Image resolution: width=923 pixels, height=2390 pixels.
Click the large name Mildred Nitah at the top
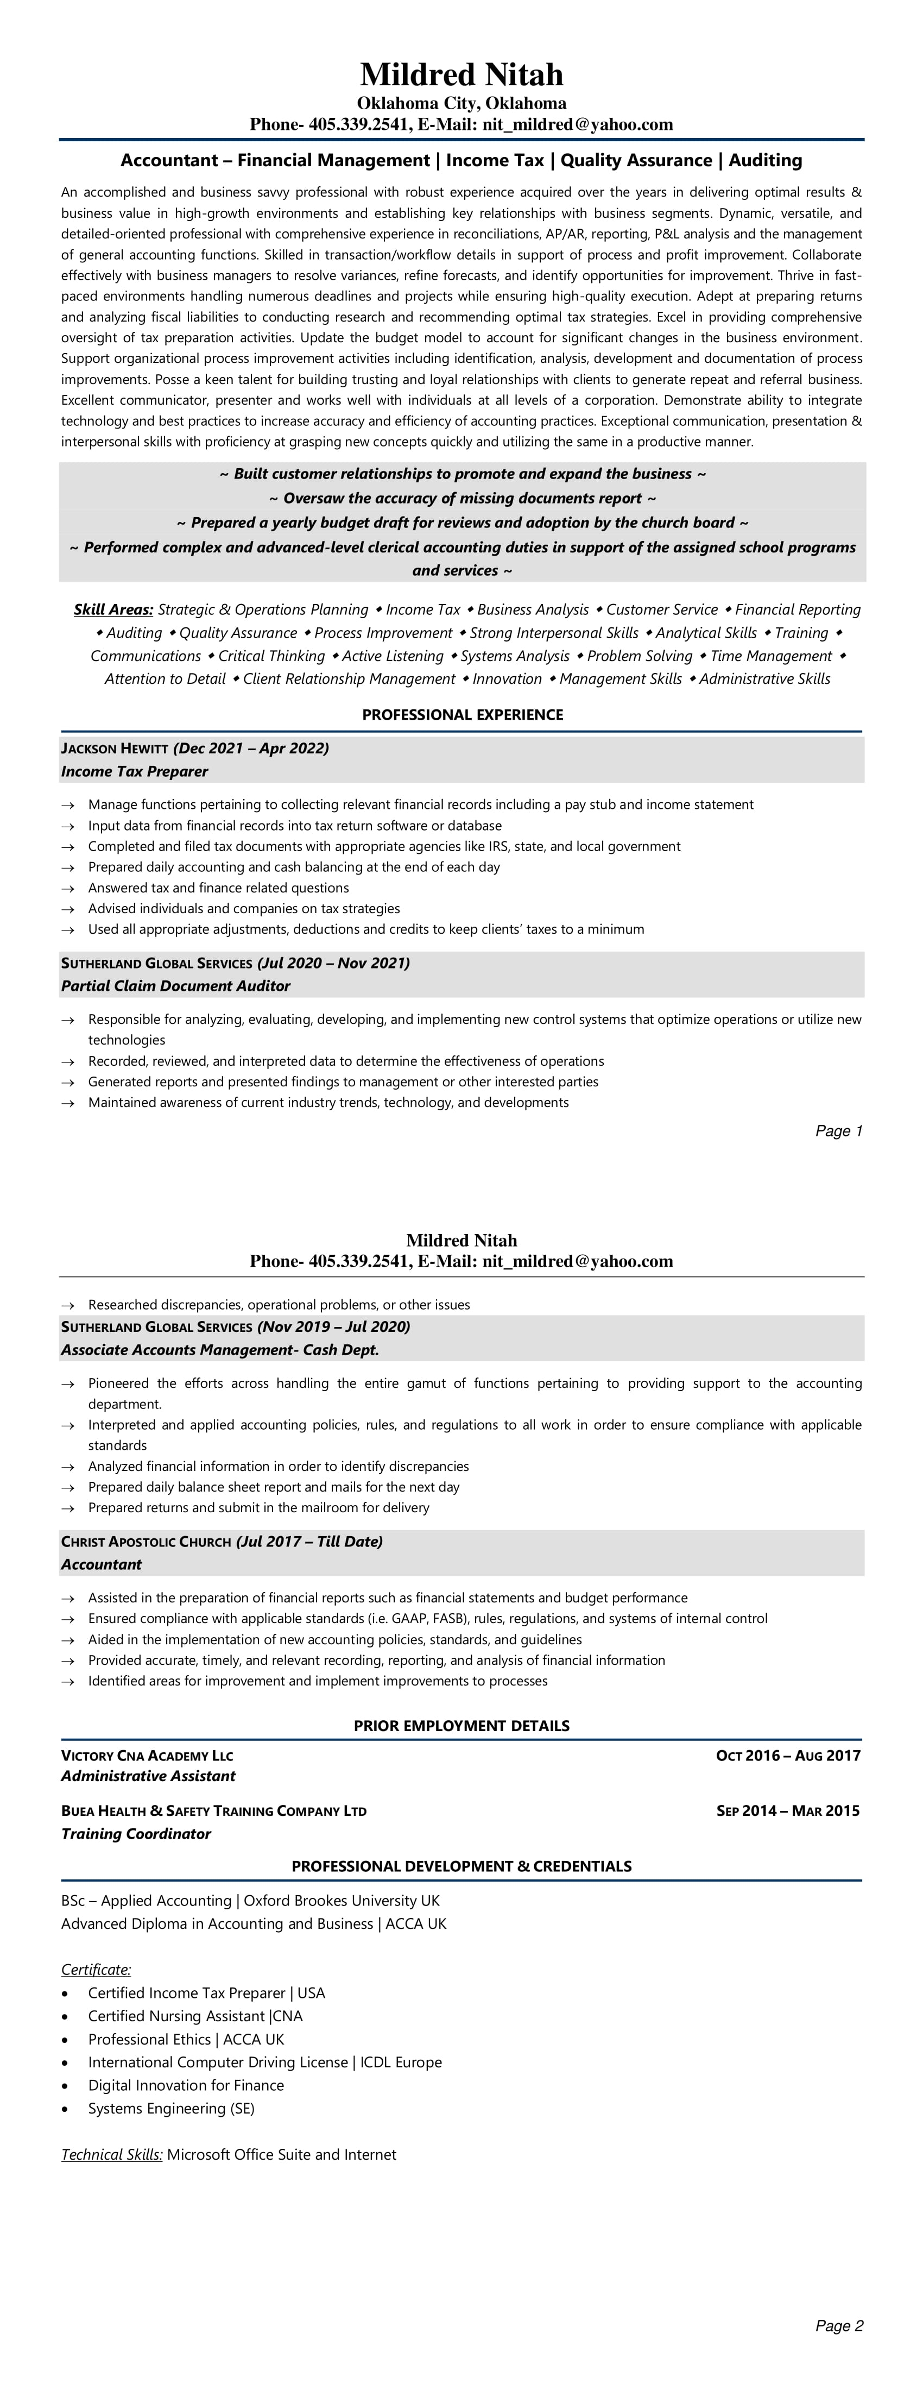[x=461, y=74]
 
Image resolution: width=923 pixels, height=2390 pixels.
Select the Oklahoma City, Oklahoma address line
[x=461, y=103]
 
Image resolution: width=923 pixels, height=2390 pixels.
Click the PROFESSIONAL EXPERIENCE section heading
[x=462, y=714]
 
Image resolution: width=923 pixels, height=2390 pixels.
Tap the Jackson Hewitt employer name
[x=114, y=749]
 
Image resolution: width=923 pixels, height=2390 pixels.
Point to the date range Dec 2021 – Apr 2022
[x=250, y=748]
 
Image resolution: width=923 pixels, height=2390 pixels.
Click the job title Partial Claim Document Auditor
[x=175, y=985]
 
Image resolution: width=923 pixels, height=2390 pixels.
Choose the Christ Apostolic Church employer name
[x=146, y=1541]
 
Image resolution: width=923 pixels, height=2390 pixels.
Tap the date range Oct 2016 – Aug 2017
[x=788, y=1754]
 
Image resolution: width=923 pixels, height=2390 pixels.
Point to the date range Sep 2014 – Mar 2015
[x=788, y=1810]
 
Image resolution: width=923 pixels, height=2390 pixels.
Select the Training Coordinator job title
[x=135, y=1833]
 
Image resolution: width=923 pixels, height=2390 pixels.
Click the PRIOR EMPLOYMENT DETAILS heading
[x=461, y=1726]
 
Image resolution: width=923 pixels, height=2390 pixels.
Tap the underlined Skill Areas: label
[x=113, y=609]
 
